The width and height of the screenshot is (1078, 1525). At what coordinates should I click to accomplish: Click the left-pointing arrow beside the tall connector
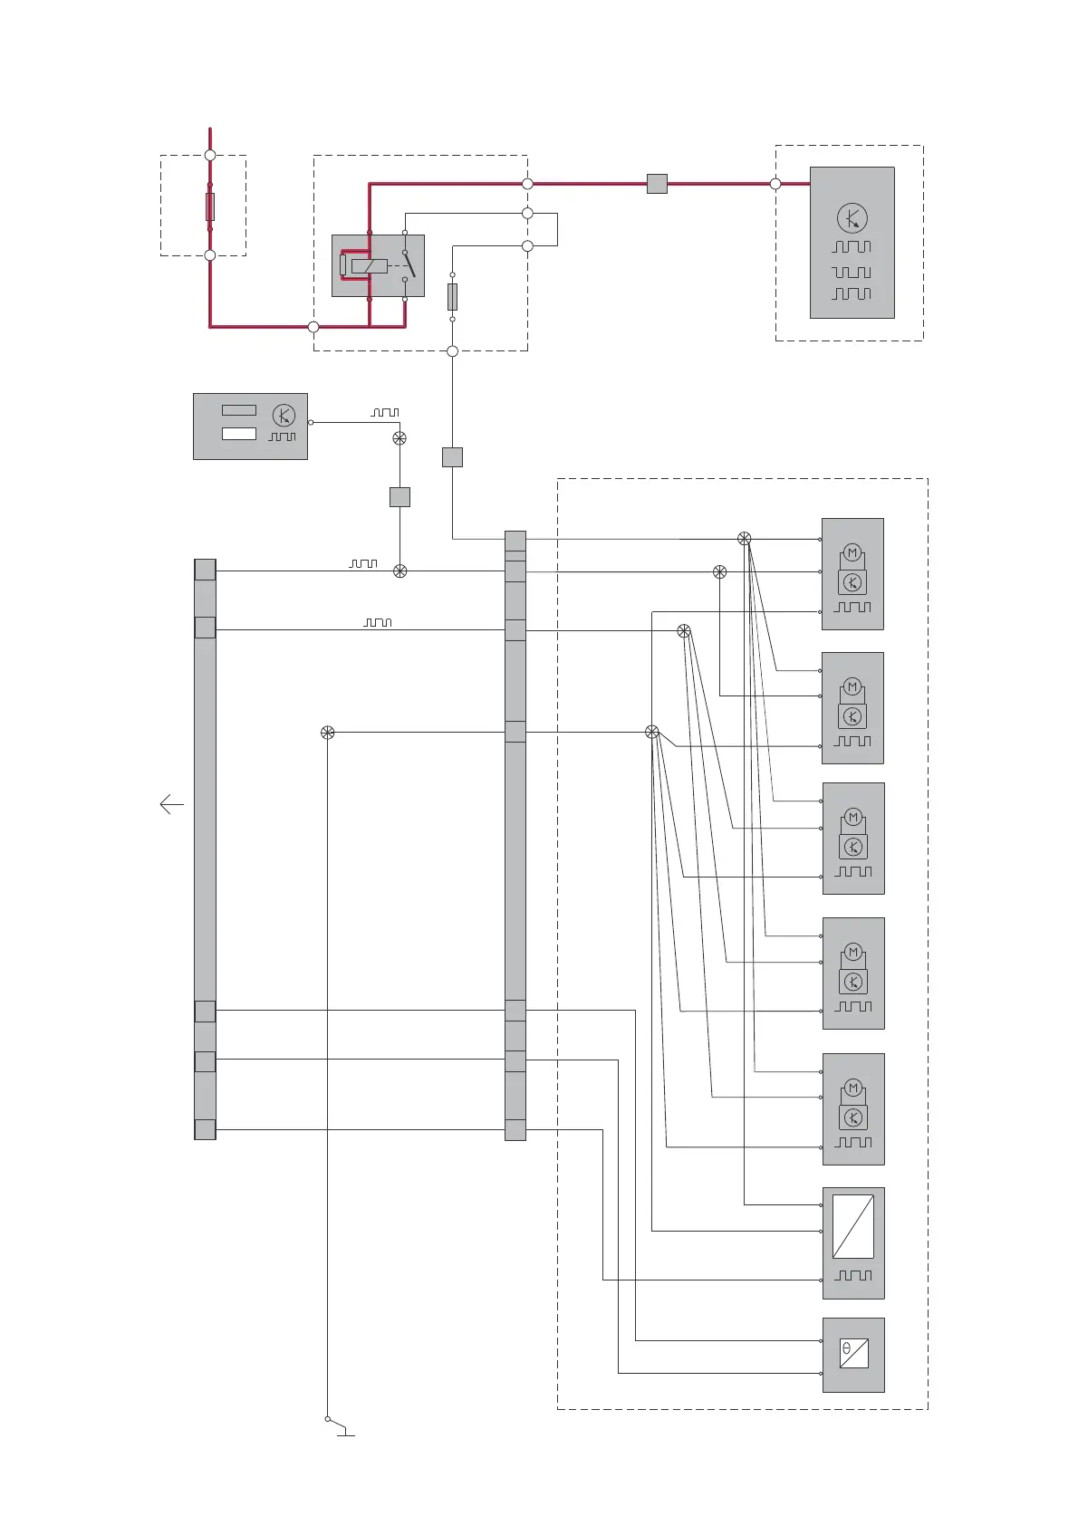click(x=171, y=804)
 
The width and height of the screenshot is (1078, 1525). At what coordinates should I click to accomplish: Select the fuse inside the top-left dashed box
click(x=210, y=206)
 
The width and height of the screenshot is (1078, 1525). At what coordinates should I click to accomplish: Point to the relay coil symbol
click(x=369, y=266)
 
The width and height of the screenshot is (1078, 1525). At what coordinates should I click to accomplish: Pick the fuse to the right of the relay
click(x=452, y=297)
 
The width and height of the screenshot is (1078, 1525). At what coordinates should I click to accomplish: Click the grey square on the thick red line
click(x=657, y=184)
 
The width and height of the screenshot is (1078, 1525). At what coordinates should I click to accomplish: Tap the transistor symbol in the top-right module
click(x=852, y=218)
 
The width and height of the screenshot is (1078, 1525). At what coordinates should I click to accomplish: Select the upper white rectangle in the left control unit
click(x=239, y=410)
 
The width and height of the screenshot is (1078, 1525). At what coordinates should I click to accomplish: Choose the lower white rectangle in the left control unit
click(x=239, y=434)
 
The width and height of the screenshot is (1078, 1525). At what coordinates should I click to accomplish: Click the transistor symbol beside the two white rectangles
click(x=284, y=416)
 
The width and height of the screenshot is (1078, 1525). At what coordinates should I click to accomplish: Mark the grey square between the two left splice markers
click(x=399, y=496)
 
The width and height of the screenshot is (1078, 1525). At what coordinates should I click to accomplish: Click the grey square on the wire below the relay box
click(x=452, y=457)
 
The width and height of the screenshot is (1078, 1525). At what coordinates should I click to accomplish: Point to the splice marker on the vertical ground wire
click(x=328, y=733)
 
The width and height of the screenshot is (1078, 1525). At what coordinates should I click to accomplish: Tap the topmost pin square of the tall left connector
click(x=205, y=570)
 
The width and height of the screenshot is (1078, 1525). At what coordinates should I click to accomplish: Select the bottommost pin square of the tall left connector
click(x=205, y=1129)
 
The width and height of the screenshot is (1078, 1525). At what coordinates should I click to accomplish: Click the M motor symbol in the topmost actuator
click(x=852, y=553)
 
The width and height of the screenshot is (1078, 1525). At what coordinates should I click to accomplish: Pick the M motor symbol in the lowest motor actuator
click(x=852, y=1089)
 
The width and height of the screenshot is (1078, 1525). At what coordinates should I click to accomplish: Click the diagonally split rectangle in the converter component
click(x=853, y=1226)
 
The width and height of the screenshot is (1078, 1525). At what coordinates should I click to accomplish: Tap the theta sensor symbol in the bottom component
click(x=853, y=1353)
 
